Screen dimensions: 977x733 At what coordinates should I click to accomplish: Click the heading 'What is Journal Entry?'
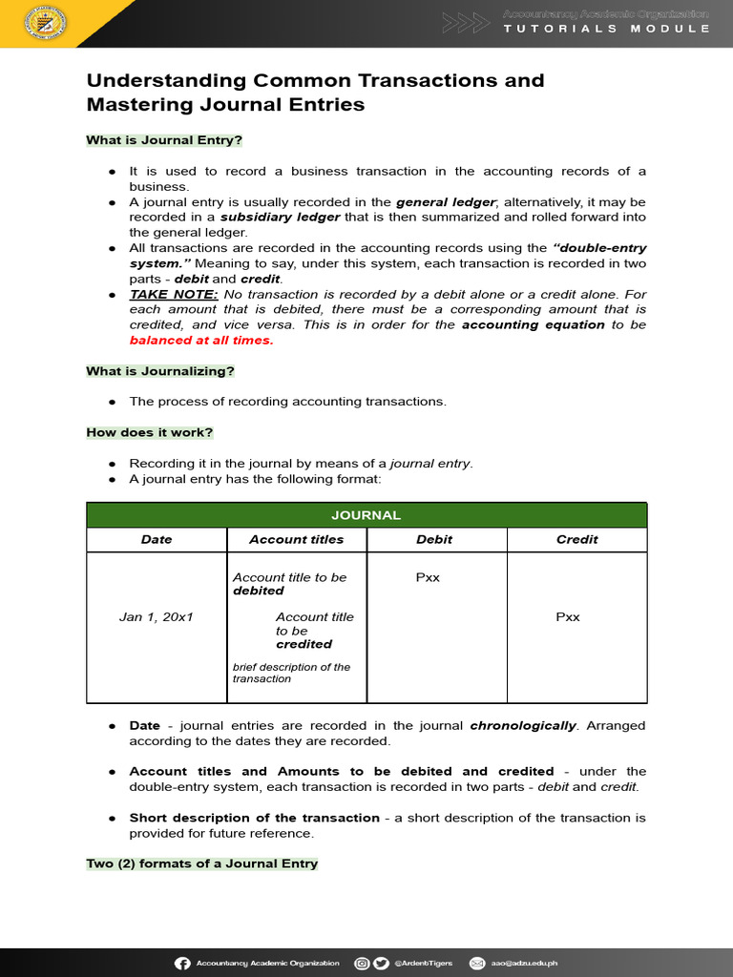click(x=164, y=140)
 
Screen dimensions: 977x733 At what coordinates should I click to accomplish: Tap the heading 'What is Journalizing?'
click(x=160, y=370)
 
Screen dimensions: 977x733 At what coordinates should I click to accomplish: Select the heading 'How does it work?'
click(x=149, y=432)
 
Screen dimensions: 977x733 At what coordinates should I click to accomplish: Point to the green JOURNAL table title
click(x=366, y=515)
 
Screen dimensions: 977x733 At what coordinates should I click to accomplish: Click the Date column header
click(x=157, y=539)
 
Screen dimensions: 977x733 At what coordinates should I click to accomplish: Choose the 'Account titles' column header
click(x=297, y=539)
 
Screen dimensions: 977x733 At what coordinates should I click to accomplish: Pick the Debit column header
click(x=434, y=539)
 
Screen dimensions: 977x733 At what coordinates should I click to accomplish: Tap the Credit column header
click(x=576, y=539)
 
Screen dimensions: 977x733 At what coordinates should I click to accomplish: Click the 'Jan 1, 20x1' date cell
click(x=157, y=617)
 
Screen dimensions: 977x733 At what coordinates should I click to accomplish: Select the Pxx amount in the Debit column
click(x=428, y=577)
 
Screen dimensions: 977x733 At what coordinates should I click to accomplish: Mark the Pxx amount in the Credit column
click(x=568, y=617)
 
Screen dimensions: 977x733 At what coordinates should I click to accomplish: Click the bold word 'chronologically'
click(x=523, y=726)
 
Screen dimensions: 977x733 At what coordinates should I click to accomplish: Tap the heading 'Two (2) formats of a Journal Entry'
click(x=202, y=863)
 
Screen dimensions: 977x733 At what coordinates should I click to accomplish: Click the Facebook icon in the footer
click(x=182, y=964)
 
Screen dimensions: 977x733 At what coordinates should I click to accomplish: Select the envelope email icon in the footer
click(x=476, y=964)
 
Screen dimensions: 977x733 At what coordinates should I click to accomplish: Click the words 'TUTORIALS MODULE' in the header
click(x=607, y=29)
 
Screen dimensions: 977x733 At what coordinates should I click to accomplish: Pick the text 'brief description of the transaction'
click(x=291, y=673)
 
